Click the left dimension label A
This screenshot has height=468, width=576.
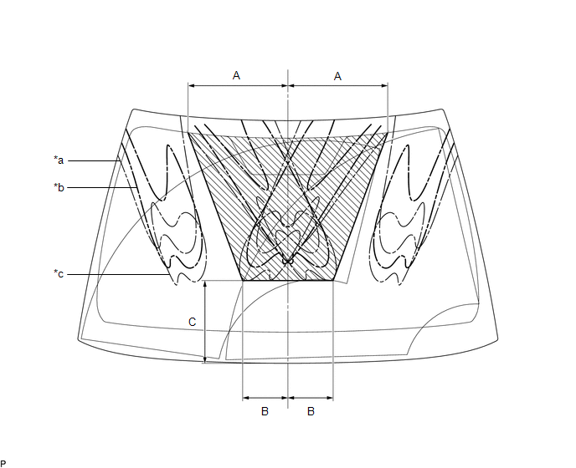236,75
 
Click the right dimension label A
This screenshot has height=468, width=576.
337,76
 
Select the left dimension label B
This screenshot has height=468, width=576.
265,411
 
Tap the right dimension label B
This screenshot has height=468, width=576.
311,411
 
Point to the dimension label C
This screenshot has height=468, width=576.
192,322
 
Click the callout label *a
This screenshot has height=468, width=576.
59,160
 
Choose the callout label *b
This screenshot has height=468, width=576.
59,187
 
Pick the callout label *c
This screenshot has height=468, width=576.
59,274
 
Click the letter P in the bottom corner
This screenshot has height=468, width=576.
3,464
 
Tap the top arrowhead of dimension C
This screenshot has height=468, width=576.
205,283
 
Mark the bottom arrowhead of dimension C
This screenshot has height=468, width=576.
205,360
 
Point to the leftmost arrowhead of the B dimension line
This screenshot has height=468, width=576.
246,398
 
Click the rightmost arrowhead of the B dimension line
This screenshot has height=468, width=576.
330,398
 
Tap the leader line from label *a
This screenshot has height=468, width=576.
94,160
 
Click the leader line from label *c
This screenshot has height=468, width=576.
118,274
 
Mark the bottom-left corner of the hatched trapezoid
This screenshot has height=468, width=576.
243,281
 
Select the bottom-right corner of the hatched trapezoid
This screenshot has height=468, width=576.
333,281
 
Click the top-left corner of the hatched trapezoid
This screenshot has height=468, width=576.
188,133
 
